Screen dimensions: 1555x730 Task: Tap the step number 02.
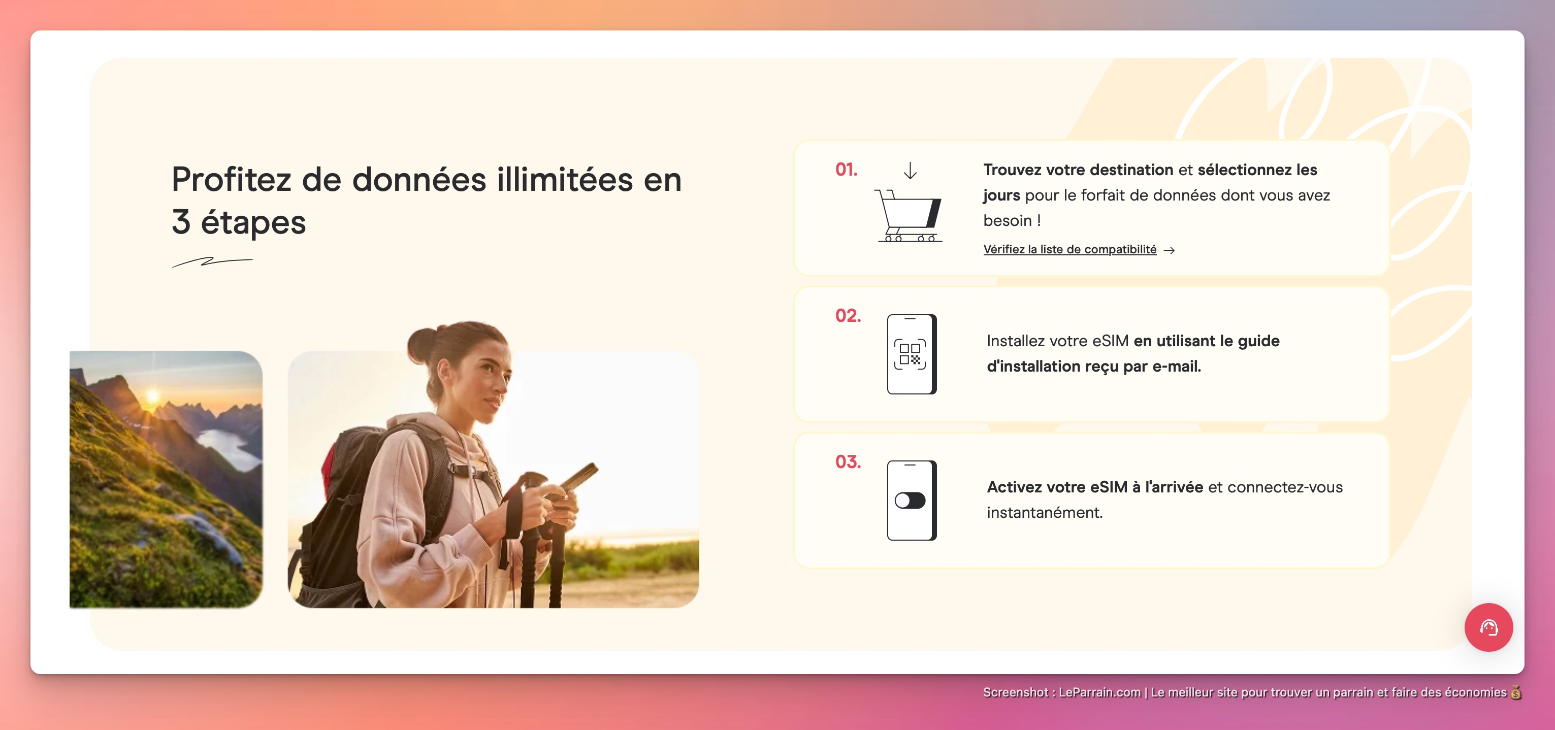848,316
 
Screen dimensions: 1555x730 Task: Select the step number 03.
848,461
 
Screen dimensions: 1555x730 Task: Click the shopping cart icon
909,215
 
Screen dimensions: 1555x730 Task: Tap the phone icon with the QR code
912,354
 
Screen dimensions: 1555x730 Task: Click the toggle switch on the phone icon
910,500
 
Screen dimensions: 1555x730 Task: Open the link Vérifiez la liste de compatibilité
1070,249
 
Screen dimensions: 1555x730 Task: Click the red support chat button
1488,627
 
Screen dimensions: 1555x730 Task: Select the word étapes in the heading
253,223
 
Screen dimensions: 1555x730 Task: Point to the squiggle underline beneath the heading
212,262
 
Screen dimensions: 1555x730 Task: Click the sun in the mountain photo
153,396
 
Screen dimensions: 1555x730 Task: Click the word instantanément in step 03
1044,513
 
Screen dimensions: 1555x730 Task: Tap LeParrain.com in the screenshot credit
1099,692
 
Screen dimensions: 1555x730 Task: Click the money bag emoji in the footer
1516,692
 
